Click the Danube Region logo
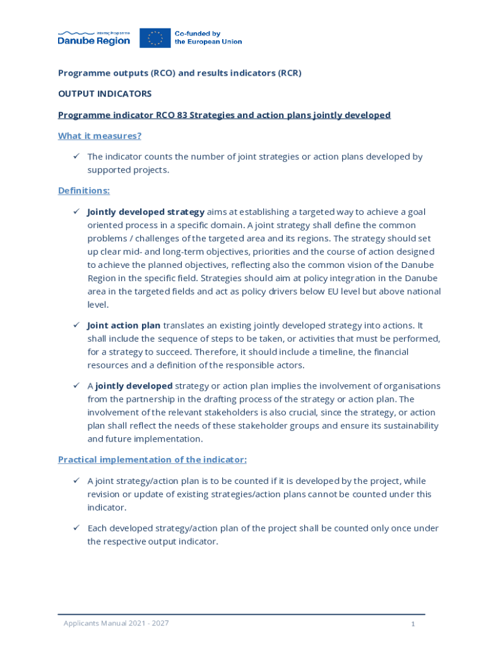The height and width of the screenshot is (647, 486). click(x=93, y=38)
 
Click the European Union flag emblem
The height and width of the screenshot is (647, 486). click(x=155, y=38)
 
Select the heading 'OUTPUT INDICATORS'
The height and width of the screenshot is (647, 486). click(x=105, y=94)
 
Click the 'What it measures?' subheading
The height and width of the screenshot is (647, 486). click(x=100, y=136)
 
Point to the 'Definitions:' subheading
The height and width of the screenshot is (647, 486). click(x=84, y=190)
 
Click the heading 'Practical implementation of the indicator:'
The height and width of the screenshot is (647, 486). click(x=152, y=459)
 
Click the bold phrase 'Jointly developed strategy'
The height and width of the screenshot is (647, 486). click(x=146, y=212)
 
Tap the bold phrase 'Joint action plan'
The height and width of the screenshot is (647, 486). click(x=124, y=325)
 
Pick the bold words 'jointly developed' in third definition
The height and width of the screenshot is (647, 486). click(x=134, y=385)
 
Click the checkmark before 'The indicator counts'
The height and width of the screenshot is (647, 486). click(x=75, y=156)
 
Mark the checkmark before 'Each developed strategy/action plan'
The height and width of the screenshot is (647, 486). click(x=75, y=528)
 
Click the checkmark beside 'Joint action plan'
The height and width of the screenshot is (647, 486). click(x=75, y=325)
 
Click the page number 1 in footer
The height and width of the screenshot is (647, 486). click(x=413, y=624)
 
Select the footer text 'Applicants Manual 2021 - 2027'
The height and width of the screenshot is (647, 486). click(x=116, y=624)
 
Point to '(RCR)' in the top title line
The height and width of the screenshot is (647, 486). click(x=290, y=73)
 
